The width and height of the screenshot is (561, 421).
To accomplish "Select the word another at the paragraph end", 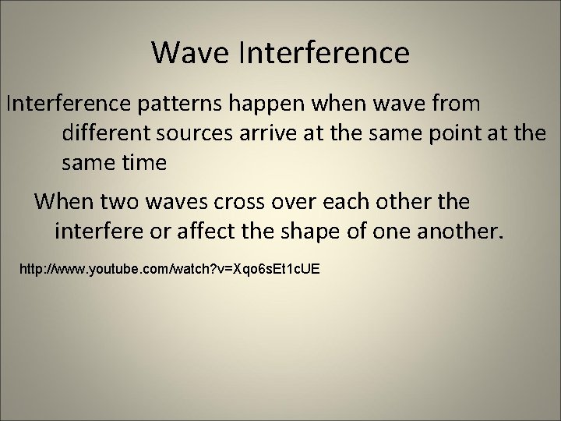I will coord(461,232).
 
